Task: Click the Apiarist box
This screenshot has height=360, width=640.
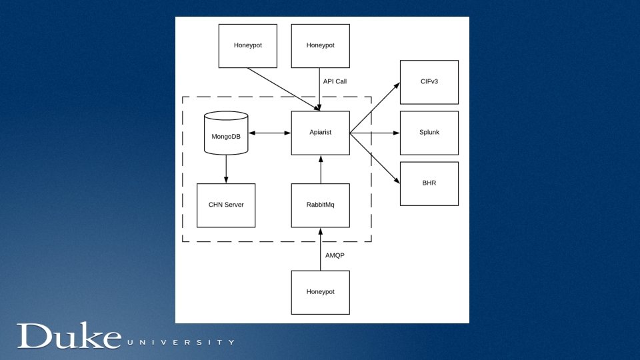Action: [320, 133]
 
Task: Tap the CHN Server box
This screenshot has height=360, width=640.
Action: [226, 205]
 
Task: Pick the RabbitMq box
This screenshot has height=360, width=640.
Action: [320, 205]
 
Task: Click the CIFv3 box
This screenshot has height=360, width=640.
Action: [429, 82]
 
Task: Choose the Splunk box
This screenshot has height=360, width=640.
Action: [429, 133]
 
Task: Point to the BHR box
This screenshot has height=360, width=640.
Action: [429, 183]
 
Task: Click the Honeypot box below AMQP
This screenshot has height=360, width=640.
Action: [320, 292]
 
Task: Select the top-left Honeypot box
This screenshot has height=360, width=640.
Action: [248, 45]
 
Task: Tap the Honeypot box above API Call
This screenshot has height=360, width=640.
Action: [320, 45]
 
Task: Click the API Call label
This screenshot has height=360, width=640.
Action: [335, 82]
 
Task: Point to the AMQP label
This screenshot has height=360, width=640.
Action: [335, 255]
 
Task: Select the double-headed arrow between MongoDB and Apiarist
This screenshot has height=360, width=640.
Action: [269, 133]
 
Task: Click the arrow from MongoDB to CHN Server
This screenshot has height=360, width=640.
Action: [226, 169]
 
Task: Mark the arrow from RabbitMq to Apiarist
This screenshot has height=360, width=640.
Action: [321, 169]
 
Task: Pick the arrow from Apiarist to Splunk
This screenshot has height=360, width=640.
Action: [375, 133]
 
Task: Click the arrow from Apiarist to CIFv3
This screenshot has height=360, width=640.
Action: [375, 108]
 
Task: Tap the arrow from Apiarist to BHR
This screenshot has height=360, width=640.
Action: [375, 157]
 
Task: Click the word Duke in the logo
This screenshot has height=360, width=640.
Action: [69, 337]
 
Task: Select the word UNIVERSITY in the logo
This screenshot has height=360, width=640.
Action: [180, 343]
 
